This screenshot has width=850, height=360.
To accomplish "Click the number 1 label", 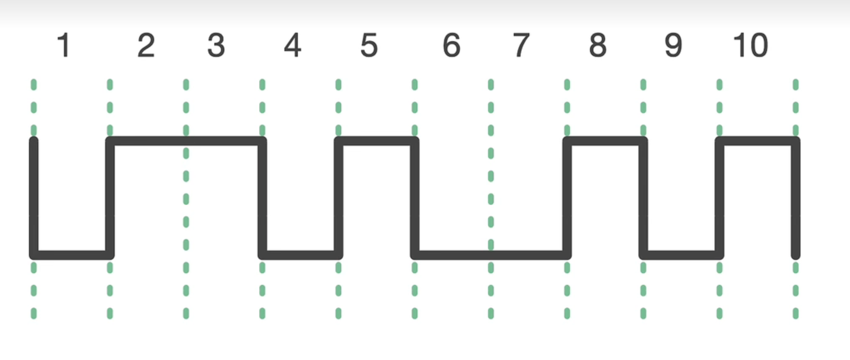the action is [64, 46].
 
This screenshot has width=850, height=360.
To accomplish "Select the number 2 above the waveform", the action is [146, 46].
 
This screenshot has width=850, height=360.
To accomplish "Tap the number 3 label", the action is [216, 46].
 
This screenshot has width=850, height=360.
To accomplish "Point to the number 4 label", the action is [292, 46].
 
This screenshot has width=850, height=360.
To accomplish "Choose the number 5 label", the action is [369, 46].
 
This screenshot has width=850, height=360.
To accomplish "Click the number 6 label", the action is [451, 46].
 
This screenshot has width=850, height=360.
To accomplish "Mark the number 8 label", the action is [597, 46].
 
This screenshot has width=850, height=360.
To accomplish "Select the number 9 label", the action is [673, 46].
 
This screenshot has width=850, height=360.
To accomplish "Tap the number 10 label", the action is [750, 46].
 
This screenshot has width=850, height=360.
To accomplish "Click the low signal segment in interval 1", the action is [71, 255].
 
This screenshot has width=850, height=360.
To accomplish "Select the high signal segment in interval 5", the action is [376, 141].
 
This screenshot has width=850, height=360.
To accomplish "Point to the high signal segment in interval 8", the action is [605, 141].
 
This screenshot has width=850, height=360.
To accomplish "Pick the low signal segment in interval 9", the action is [681, 255].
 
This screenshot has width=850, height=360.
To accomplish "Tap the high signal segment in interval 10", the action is [758, 141].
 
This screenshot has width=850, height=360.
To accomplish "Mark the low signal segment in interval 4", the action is [300, 255].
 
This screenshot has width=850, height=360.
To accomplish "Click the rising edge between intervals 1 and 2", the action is [110, 198].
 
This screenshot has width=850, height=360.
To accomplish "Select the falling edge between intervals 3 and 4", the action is [263, 198].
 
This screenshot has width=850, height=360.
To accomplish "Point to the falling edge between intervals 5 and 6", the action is [415, 198].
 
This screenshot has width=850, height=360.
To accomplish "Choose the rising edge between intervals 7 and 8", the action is [567, 198].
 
